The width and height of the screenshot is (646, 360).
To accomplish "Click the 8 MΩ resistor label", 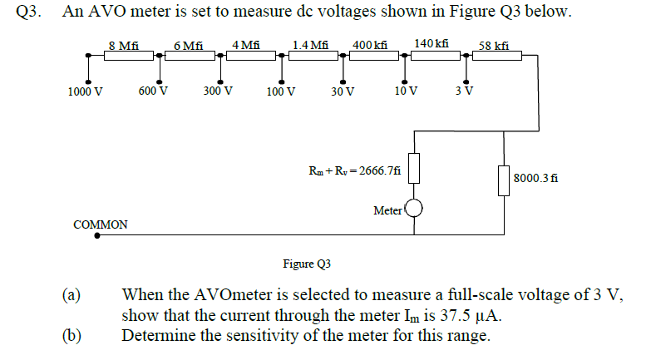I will click(x=124, y=45).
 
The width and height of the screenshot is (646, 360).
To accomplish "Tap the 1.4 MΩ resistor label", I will click(x=310, y=45).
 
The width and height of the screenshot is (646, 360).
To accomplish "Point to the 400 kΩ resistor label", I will click(x=370, y=45).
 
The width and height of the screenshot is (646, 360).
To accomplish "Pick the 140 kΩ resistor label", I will click(x=431, y=43).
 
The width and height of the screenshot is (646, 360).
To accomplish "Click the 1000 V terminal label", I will click(x=85, y=92).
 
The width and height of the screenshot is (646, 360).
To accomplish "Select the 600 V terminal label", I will click(x=154, y=91).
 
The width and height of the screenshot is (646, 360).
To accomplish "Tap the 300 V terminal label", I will click(x=218, y=91).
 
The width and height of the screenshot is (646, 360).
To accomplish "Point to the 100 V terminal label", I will click(x=281, y=92).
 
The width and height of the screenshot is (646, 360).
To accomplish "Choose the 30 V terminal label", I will click(x=343, y=92).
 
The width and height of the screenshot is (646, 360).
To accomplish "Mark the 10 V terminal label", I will click(x=407, y=91).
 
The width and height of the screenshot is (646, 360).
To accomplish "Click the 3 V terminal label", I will click(x=466, y=91).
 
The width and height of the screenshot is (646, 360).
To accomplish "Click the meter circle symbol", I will click(x=414, y=209).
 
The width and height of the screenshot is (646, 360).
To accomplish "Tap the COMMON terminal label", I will click(x=101, y=224).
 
